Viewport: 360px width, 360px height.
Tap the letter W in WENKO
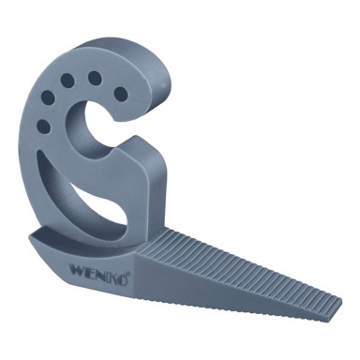(77, 269)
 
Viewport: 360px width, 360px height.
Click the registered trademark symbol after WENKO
(128, 274)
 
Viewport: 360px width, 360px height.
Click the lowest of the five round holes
(43, 127)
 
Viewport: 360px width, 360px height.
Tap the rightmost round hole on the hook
(121, 94)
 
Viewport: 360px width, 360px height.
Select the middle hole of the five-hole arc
(67, 80)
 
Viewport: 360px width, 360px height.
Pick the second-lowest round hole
(48, 97)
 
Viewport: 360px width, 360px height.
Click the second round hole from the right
(95, 78)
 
